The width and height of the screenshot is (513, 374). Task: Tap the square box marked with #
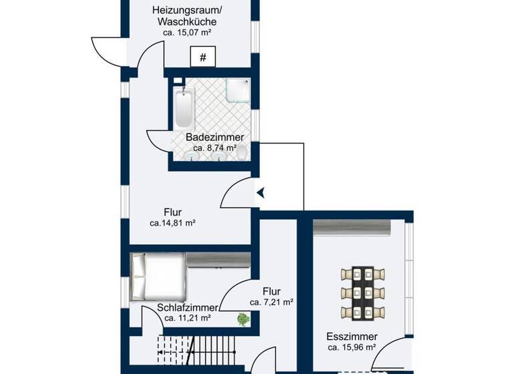(204, 57)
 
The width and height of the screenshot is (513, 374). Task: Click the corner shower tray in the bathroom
(236, 89)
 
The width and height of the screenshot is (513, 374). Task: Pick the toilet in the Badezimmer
(242, 154)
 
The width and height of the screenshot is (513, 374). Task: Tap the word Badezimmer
(214, 138)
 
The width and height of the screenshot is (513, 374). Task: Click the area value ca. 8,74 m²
(214, 148)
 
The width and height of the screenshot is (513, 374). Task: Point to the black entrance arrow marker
(261, 193)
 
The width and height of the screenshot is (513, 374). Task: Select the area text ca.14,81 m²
(172, 224)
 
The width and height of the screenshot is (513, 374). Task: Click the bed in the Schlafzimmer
(158, 276)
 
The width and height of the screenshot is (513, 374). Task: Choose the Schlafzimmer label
(188, 308)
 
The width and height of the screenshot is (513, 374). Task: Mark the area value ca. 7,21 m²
(271, 303)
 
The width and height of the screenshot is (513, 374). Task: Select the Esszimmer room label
(352, 337)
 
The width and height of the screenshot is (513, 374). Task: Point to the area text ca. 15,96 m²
(352, 347)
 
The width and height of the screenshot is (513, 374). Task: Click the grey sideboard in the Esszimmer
(352, 228)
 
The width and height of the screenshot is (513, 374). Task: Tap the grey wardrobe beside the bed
(218, 260)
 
